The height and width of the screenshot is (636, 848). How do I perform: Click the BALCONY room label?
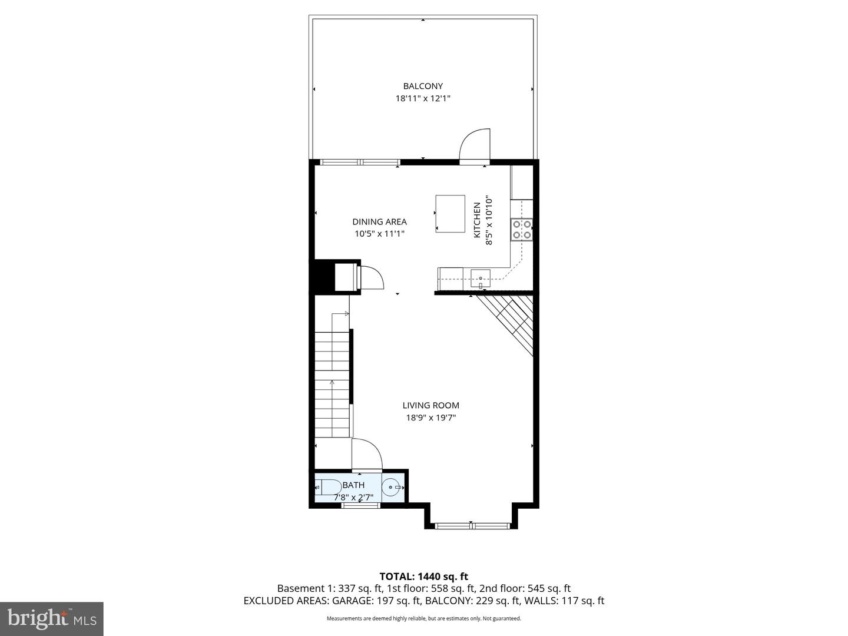423,86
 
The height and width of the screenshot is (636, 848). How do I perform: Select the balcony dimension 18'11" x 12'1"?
423,99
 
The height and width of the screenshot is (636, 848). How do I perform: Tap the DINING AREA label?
379,222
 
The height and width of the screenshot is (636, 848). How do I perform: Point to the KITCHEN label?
477,220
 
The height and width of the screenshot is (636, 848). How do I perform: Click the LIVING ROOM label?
430,405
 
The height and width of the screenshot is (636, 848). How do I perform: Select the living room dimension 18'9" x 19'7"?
430,418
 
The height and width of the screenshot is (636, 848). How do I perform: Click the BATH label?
353,485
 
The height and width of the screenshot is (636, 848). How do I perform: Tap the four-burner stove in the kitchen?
521,229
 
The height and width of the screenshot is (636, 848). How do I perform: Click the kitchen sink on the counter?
481,276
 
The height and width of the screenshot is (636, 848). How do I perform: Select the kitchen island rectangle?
450,213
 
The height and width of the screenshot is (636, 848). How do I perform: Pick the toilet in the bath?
329,488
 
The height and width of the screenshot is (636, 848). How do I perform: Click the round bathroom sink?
392,488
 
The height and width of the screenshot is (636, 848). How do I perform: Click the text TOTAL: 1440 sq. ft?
423,577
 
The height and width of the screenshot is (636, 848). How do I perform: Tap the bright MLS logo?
52,618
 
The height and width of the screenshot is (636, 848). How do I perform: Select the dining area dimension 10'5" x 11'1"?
379,234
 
